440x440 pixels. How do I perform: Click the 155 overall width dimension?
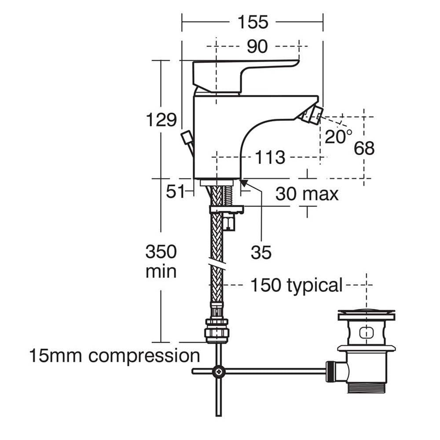click(x=253, y=22)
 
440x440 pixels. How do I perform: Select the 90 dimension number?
click(x=257, y=45)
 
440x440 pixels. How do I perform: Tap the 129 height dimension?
click(x=161, y=119)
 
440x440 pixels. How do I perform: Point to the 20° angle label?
click(x=338, y=136)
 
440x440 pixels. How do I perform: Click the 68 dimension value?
click(x=364, y=148)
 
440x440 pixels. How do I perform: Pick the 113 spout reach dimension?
click(x=270, y=157)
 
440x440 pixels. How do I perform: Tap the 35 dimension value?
click(x=261, y=253)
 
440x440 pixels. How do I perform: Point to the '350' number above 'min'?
click(x=161, y=252)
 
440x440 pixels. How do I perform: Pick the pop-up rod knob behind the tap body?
click(x=187, y=137)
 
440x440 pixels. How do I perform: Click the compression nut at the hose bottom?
click(x=216, y=330)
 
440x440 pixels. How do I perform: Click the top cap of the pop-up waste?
click(x=366, y=315)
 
